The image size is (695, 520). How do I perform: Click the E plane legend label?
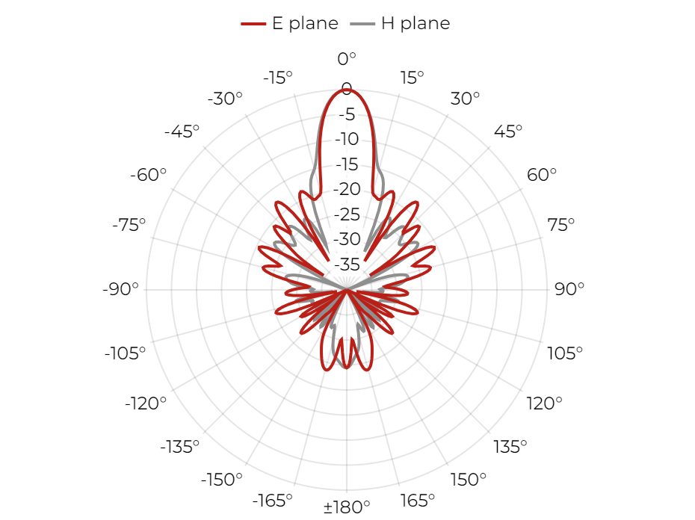coord(305,23)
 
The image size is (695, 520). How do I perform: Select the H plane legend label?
coord(416,23)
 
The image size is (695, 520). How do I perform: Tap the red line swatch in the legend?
coord(253,23)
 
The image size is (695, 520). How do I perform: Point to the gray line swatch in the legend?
coord(362,23)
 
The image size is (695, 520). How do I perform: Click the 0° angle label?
coord(347,58)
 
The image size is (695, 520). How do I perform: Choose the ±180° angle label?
coord(347,507)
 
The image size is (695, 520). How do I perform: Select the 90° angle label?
coord(569,289)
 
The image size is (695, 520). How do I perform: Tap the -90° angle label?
coord(120,289)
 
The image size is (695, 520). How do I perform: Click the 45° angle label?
coord(508,131)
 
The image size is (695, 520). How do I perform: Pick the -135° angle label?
coord(180,447)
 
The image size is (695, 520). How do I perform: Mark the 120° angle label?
coord(544,403)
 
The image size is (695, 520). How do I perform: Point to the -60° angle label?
coord(148,175)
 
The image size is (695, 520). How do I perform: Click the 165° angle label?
coord(417,501)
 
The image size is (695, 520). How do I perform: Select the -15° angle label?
coord(278,78)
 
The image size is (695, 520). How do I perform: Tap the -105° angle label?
coord(125,353)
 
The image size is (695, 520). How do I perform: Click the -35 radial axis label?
coord(347,264)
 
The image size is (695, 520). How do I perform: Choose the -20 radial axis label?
coord(347,189)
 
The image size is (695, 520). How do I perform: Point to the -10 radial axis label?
coord(347,139)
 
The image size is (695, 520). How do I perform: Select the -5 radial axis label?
coord(347,114)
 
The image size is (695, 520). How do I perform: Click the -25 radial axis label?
coord(347,214)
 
